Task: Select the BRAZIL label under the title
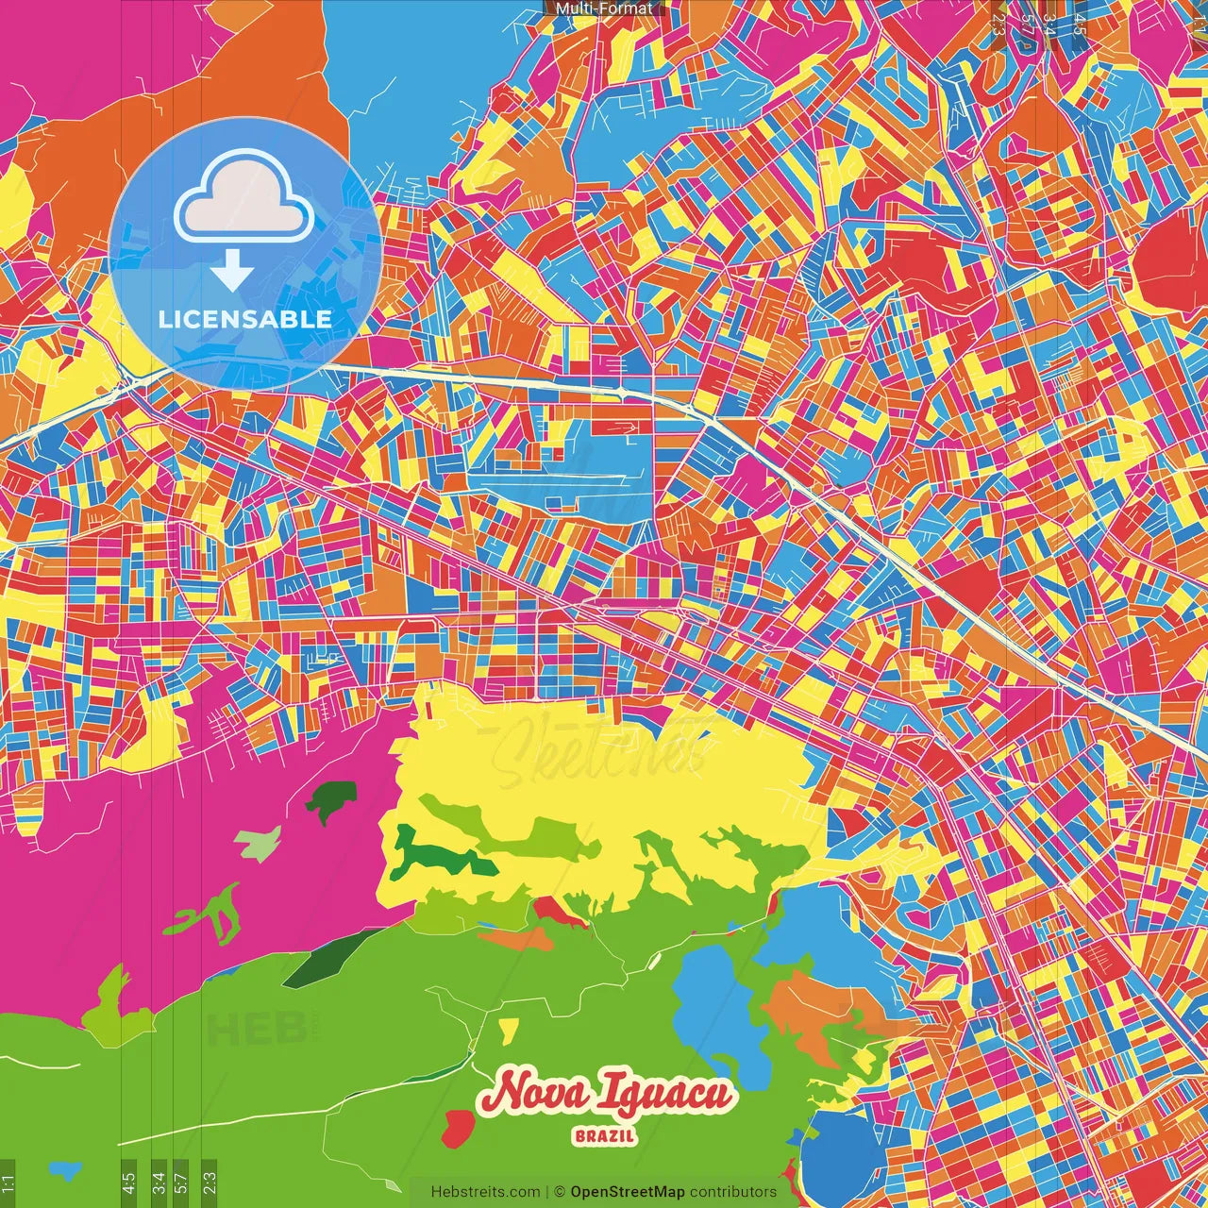pos(605,1136)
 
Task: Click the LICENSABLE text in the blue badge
pos(245,319)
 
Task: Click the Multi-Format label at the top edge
pos(604,8)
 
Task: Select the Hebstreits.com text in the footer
pos(485,1192)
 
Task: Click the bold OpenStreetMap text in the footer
pos(628,1192)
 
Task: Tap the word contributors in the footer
pos(733,1192)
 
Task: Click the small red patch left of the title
pos(458,1125)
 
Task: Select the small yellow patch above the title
pos(508,1027)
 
